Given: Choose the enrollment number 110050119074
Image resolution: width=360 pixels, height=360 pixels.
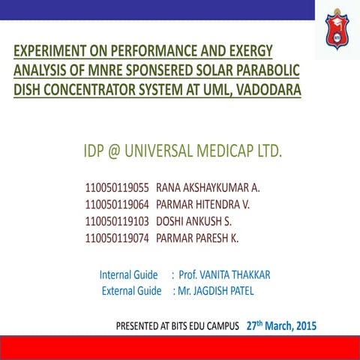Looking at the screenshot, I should click(x=117, y=238).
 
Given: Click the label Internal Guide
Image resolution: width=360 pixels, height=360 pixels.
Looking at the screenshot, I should click(x=128, y=275).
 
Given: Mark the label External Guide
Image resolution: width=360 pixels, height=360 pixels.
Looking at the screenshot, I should click(x=131, y=290).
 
